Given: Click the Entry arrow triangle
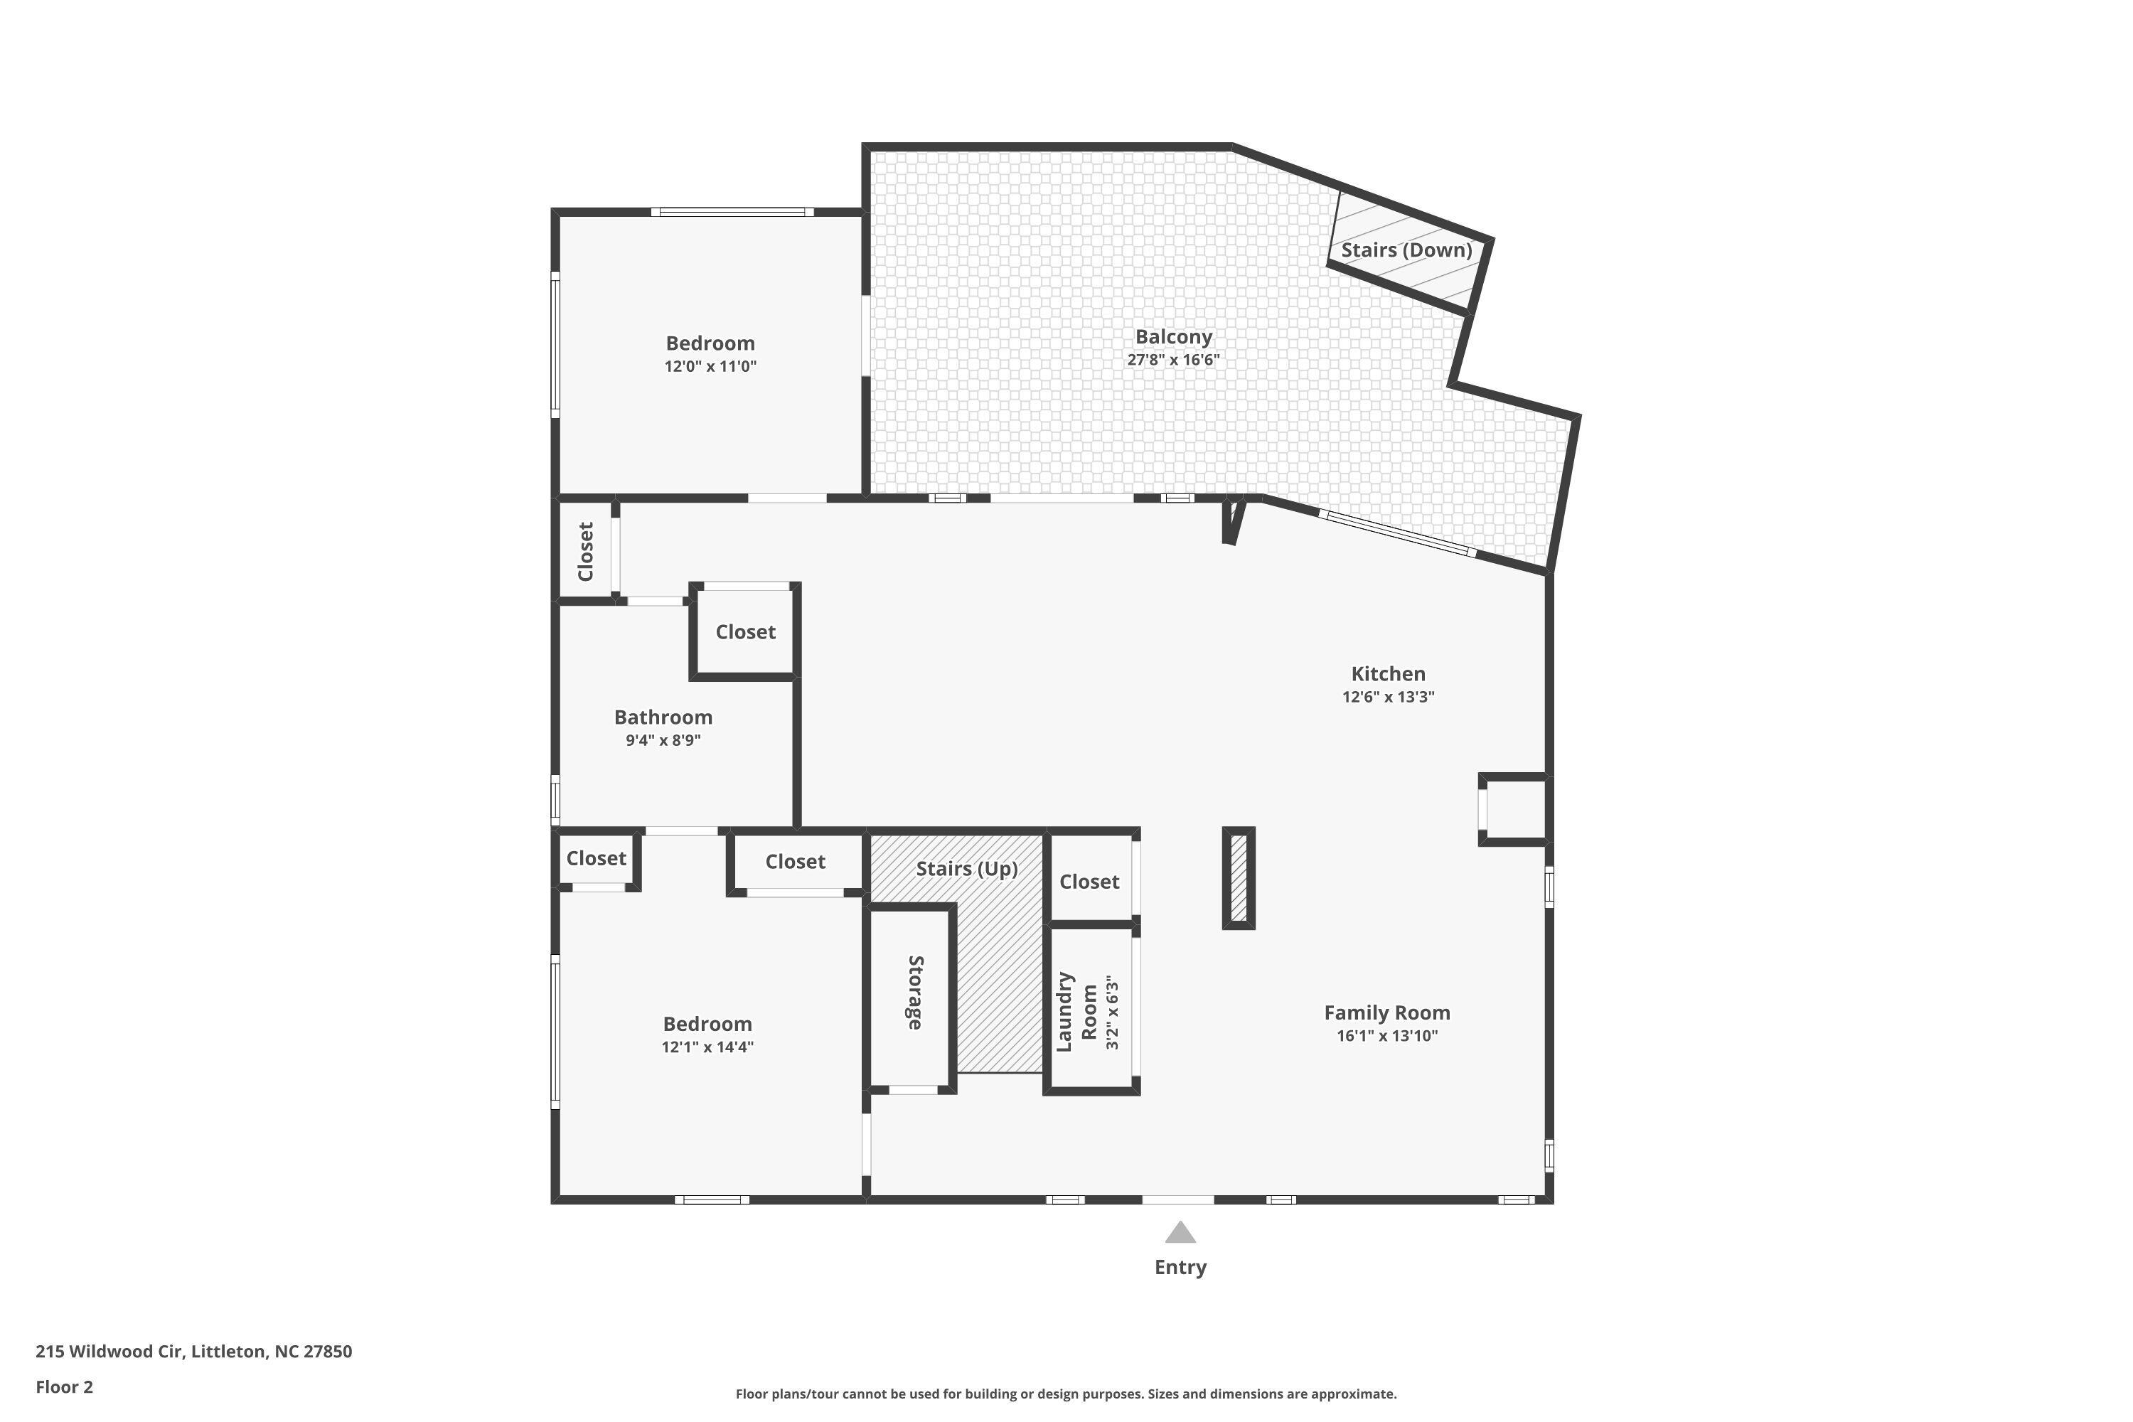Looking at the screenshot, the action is (1180, 1231).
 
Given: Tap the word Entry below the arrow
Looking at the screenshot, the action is (1180, 1268).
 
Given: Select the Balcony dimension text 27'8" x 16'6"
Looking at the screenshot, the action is (1174, 359).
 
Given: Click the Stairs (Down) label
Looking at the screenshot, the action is (1406, 250).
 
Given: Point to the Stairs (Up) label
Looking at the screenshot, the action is (967, 869).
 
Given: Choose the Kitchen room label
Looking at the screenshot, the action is (1389, 674).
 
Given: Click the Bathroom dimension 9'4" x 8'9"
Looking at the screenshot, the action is (663, 740).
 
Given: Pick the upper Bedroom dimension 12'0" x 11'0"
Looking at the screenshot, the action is (710, 366).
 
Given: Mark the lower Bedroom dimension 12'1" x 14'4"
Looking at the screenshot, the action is (707, 1047).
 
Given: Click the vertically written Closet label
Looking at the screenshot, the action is (586, 552).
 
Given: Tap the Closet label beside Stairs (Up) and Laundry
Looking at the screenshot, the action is (1089, 882).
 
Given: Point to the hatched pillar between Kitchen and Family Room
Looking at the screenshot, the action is (1239, 878).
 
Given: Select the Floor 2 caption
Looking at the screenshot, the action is (65, 1386).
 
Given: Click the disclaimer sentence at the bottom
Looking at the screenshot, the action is (1066, 1394).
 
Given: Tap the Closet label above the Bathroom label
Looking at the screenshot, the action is (745, 632).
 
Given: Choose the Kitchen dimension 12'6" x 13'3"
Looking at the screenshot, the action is (1389, 697).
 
